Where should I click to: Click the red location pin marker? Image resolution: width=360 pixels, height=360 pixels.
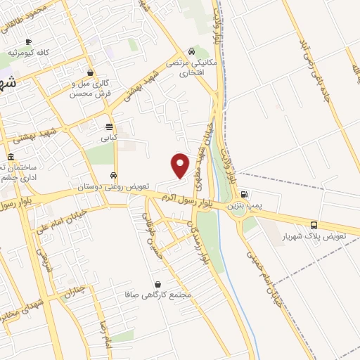(181, 164)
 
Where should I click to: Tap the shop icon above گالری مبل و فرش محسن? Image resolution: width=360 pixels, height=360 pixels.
(90, 72)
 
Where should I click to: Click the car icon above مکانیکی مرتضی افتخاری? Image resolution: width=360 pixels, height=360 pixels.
(191, 51)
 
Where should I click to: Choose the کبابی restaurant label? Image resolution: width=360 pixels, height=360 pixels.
(109, 139)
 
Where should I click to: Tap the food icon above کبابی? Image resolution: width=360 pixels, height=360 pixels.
(109, 127)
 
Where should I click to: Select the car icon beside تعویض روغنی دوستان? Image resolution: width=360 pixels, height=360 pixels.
(112, 174)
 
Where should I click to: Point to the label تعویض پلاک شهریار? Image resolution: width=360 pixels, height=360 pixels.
(328, 237)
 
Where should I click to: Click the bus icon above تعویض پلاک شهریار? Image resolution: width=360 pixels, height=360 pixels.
(314, 225)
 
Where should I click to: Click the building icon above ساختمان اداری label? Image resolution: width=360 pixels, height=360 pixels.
(10, 157)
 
